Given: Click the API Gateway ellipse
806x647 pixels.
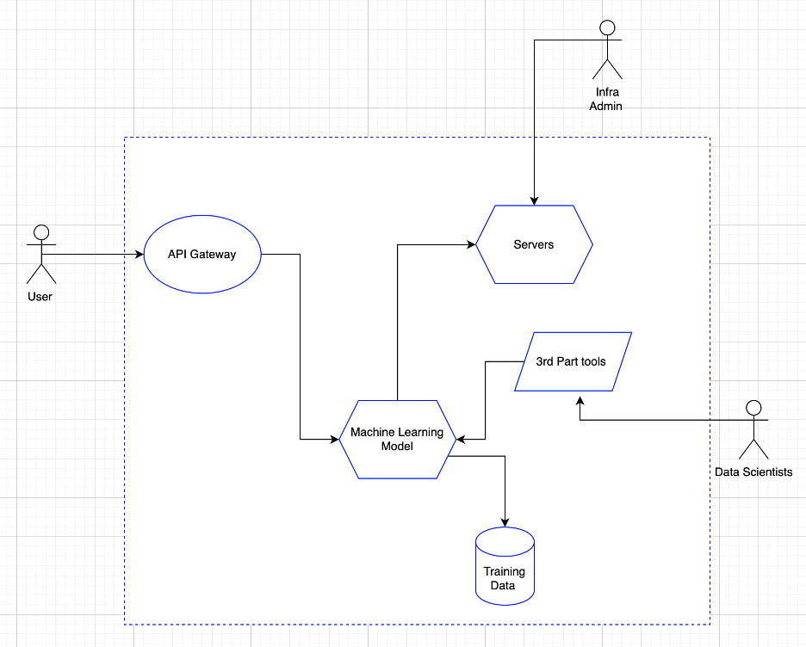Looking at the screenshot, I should click(x=202, y=255).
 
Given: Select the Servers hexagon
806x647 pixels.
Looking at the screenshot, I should click(x=534, y=244).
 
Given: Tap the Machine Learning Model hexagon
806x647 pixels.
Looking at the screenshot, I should click(x=396, y=439).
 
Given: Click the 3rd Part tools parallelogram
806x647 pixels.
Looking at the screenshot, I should click(x=573, y=361).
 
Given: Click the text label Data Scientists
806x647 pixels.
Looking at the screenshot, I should click(x=753, y=471).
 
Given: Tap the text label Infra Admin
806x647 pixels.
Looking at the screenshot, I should click(x=605, y=99).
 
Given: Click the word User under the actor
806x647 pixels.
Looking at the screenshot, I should click(x=40, y=296).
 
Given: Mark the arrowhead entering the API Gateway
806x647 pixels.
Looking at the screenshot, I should click(x=139, y=255).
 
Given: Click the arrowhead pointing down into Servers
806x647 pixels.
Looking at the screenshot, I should click(x=535, y=200).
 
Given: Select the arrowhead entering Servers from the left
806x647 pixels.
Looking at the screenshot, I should click(x=471, y=245).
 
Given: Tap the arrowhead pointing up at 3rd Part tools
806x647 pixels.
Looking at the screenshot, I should click(x=580, y=400).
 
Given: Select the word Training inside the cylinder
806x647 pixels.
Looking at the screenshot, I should click(x=505, y=572).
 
